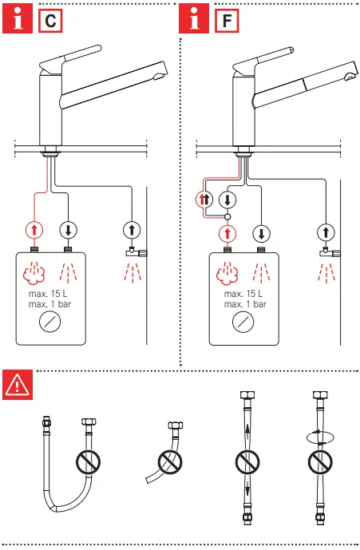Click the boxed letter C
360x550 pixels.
pos(50,18)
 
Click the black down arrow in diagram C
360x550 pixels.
pos(69,230)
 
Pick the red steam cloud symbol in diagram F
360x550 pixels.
pos(228,274)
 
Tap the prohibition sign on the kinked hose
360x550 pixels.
pos(170,461)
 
